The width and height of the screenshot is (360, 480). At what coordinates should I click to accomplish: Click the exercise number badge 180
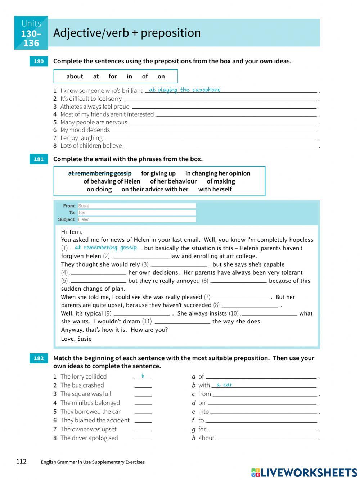click(x=39, y=62)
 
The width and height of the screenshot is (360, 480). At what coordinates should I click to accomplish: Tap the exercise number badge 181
click(x=39, y=159)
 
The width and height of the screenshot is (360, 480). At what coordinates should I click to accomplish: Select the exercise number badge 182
click(x=39, y=358)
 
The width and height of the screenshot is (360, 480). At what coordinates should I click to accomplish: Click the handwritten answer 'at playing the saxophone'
click(x=185, y=90)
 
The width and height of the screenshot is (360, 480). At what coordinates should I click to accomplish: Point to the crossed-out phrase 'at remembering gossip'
click(x=100, y=173)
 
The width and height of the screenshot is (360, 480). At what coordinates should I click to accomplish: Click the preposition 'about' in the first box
click(x=75, y=76)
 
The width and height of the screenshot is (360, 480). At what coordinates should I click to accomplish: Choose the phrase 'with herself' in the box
click(x=215, y=189)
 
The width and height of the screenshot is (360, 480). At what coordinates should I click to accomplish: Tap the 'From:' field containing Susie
click(x=137, y=206)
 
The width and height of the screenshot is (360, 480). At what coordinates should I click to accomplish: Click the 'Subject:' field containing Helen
click(x=137, y=219)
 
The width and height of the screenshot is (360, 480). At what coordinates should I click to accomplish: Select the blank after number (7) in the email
click(x=240, y=297)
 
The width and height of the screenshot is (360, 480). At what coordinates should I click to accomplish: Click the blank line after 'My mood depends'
click(x=214, y=130)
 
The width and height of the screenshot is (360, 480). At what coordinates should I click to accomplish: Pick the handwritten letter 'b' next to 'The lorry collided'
click(x=143, y=376)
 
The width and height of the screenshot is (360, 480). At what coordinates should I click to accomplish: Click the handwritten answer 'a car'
click(x=224, y=385)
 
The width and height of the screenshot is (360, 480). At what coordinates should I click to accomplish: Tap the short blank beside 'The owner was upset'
click(x=143, y=430)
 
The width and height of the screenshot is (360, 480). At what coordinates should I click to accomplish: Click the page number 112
click(x=21, y=462)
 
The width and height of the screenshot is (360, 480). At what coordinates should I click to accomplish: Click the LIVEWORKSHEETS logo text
click(x=309, y=472)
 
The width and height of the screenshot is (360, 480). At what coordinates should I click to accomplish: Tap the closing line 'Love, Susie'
click(x=76, y=339)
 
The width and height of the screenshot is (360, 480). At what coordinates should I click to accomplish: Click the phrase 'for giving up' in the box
click(x=158, y=173)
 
